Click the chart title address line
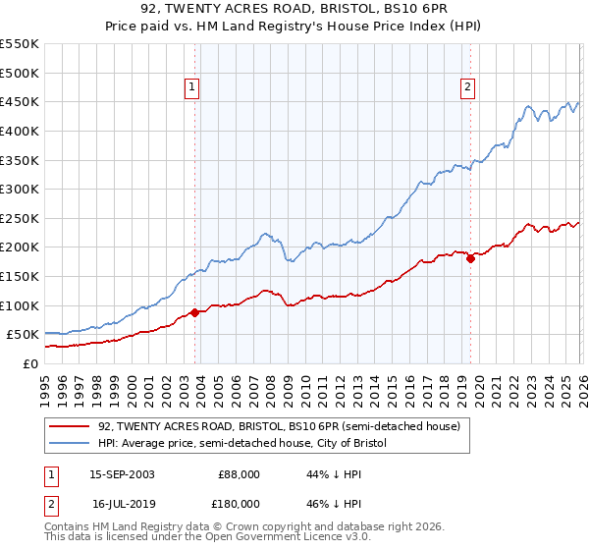(x=294, y=10)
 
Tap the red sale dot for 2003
(x=194, y=312)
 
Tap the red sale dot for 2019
(x=470, y=258)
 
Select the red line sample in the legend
(x=69, y=426)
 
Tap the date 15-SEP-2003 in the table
(x=122, y=474)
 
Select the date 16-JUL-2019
(x=122, y=505)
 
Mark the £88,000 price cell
(x=239, y=474)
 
